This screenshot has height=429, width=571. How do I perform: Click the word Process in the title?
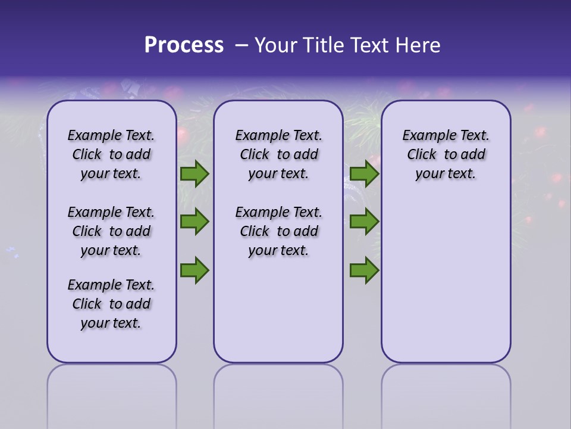(183, 45)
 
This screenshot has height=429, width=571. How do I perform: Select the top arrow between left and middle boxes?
(194, 174)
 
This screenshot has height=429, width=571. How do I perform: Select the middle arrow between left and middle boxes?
(194, 222)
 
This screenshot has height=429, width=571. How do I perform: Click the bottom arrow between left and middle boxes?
(194, 270)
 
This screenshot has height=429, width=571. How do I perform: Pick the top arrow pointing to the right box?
(364, 174)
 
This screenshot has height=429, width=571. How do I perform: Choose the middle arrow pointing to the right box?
(364, 222)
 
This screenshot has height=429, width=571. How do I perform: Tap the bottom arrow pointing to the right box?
(364, 270)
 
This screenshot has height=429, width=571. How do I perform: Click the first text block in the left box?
(111, 154)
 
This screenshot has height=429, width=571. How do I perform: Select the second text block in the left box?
(111, 231)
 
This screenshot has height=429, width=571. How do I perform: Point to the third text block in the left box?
(111, 304)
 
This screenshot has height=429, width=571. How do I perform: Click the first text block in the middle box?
(278, 154)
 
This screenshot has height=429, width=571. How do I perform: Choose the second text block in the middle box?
(278, 231)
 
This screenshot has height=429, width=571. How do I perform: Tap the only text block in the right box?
(445, 154)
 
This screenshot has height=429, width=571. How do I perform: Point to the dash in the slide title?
(241, 46)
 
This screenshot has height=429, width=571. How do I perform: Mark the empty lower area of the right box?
(445, 280)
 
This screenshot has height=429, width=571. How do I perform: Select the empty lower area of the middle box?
(278, 310)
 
